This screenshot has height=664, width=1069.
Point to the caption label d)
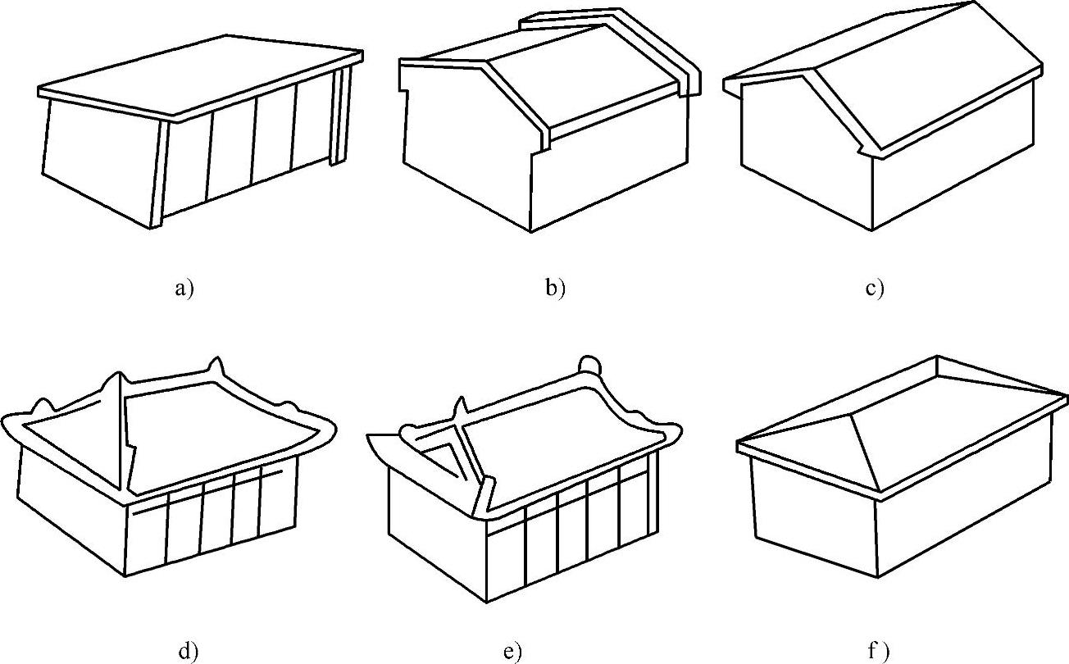point(188,652)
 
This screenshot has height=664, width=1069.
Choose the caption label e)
point(512,652)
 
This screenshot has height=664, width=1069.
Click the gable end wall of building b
point(467,148)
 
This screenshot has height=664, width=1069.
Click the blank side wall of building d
point(70,508)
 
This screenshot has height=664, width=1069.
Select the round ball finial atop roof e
point(589,366)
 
